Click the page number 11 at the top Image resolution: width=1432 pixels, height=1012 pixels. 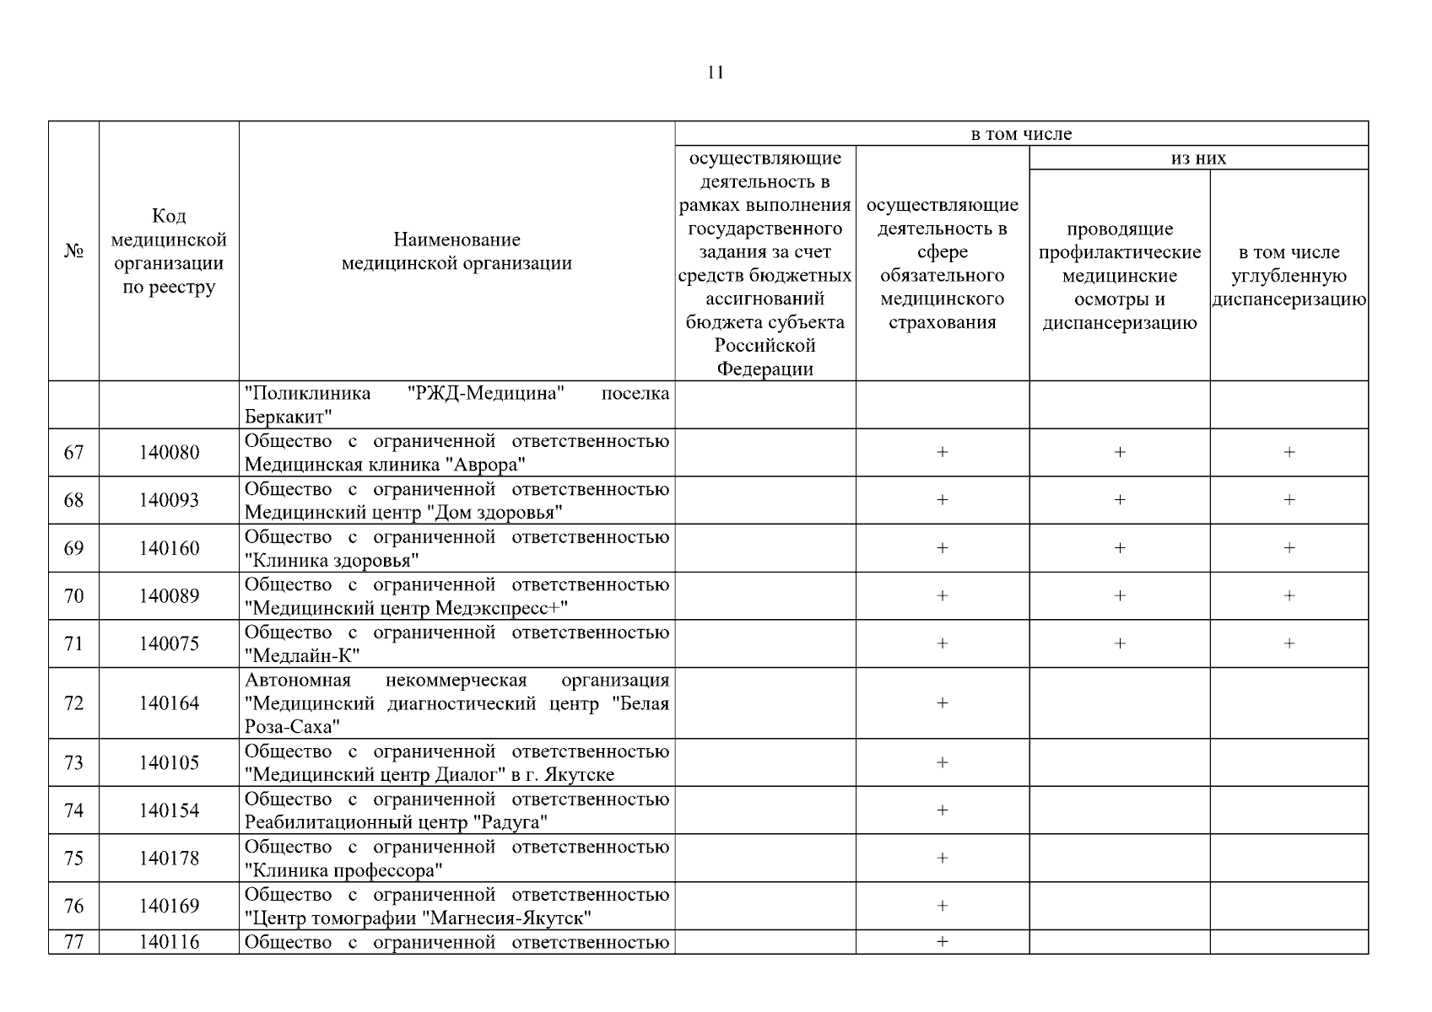coord(715,73)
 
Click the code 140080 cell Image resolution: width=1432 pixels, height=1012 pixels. coord(170,453)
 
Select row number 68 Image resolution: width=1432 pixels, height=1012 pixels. coord(73,501)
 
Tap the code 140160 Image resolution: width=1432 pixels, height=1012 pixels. coord(170,549)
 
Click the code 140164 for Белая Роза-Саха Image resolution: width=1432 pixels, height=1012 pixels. coord(170,703)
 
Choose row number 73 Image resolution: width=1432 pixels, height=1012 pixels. coord(73,763)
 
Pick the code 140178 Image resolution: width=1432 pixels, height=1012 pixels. coord(170,859)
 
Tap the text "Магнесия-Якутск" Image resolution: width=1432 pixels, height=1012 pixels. coord(506,918)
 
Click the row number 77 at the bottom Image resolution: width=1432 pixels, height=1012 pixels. coord(73,942)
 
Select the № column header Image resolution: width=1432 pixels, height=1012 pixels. coord(73,251)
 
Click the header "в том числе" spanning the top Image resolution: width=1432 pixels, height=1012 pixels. coord(1021,134)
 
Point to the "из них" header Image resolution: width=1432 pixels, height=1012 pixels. coord(1198,158)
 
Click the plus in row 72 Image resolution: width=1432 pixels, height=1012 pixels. coord(943,703)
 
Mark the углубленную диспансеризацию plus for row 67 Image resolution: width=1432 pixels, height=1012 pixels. coord(1289,453)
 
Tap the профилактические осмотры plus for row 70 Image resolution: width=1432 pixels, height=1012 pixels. coord(1120,596)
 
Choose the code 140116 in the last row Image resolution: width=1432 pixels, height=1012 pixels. coord(170,942)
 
